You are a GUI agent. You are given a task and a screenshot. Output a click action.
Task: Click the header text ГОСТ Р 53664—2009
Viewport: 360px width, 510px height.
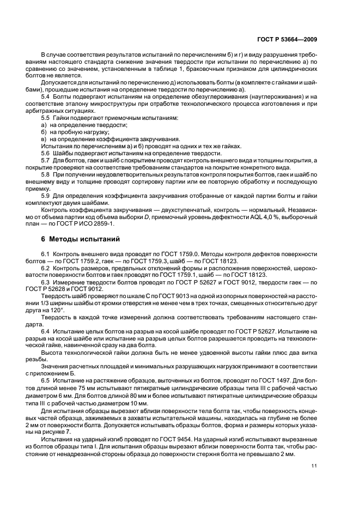coord(291,39)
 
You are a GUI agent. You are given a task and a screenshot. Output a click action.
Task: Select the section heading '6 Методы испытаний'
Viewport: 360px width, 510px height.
coord(77,240)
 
